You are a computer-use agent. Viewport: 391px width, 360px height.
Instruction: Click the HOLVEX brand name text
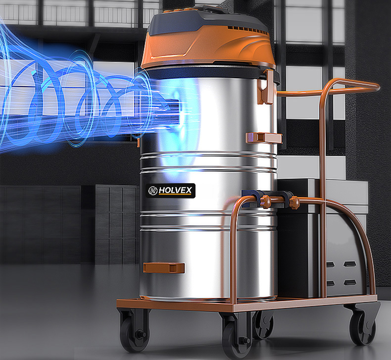pyautogui.click(x=175, y=190)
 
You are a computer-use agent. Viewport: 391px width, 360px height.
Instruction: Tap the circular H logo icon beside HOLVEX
pyautogui.click(x=153, y=191)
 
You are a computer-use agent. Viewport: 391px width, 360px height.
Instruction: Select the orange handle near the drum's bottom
pyautogui.click(x=164, y=268)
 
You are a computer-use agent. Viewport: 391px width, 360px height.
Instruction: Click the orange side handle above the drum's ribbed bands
pyautogui.click(x=264, y=138)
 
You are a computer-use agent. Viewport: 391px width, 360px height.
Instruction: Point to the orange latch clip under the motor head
pyautogui.click(x=265, y=87)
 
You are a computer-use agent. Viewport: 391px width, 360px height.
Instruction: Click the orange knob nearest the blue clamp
pyautogui.click(x=266, y=202)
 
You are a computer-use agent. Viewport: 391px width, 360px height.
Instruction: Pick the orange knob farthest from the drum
pyautogui.click(x=294, y=203)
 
